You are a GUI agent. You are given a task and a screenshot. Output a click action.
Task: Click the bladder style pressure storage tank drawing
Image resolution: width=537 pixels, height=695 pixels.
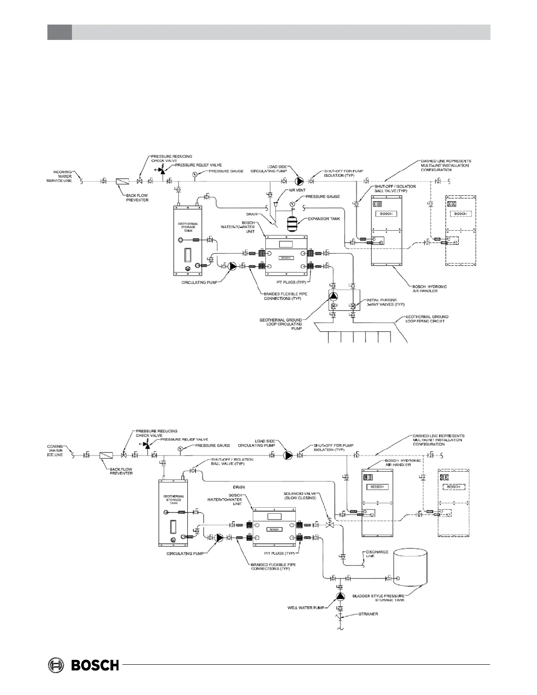(x=410, y=566)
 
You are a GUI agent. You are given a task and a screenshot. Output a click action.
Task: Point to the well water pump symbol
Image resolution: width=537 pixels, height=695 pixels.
(x=340, y=596)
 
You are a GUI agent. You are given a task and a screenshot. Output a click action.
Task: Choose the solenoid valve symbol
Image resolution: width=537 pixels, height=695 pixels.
(x=330, y=524)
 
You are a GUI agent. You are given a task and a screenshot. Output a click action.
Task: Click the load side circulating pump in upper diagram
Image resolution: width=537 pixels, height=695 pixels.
(x=299, y=181)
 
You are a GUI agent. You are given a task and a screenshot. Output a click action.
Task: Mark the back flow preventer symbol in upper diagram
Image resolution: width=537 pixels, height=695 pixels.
(x=122, y=181)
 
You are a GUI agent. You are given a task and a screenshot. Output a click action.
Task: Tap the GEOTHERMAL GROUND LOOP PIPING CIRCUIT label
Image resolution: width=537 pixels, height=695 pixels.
(x=427, y=319)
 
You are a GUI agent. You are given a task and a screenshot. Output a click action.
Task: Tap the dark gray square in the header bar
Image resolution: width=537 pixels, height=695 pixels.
(x=59, y=32)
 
